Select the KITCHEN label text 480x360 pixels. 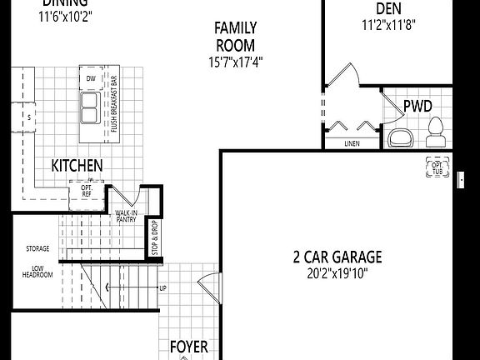(77, 166)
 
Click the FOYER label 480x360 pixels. (188, 347)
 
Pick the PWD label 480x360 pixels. (418, 106)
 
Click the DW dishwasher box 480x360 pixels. (91, 78)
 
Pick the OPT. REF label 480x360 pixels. (87, 191)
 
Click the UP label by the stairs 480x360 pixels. (162, 288)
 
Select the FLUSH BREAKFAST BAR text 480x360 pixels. (114, 105)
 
